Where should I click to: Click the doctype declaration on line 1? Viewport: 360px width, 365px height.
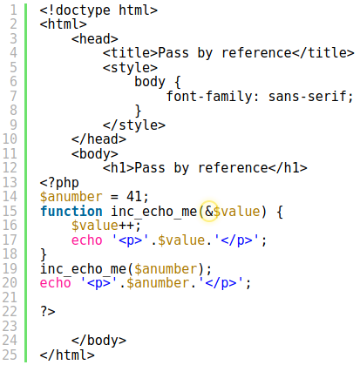coord(98,10)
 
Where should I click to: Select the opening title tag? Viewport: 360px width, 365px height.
coord(130,53)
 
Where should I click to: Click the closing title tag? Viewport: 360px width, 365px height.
coord(323,53)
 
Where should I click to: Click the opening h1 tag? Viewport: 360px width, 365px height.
coord(119,168)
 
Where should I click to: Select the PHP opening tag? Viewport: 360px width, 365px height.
coord(59,183)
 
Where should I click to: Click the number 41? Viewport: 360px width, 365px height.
coord(134,197)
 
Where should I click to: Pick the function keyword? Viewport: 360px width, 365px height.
coord(71,211)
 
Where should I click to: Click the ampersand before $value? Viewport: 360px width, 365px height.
coord(209,212)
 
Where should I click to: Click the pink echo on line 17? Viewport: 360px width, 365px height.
coord(87,240)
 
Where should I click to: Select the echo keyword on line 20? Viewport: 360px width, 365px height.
coord(56,283)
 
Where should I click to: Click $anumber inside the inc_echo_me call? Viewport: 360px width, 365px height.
coord(166,269)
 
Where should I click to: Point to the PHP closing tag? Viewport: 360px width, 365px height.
coord(48,312)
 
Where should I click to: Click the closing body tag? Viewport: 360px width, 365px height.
coord(98,341)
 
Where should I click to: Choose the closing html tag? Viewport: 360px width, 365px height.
coord(67,355)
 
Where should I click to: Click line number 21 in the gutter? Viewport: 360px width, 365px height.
coord(10,298)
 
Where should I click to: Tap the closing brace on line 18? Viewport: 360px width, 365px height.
coord(44,254)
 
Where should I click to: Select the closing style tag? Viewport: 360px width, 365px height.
coord(134,125)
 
